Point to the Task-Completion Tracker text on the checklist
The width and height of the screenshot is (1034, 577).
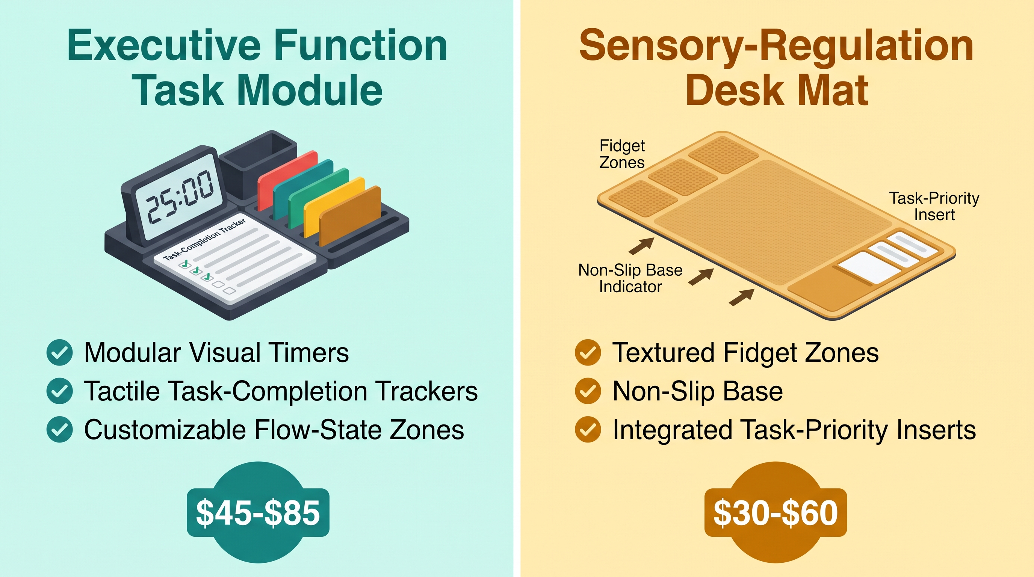[205, 240]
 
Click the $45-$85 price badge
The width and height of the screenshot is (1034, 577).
[258, 512]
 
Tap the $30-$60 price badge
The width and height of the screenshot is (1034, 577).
[775, 512]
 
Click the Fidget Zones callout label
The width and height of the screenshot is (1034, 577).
[622, 154]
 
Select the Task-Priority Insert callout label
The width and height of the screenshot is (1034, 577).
[934, 206]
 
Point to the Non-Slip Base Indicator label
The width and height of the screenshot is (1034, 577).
[630, 278]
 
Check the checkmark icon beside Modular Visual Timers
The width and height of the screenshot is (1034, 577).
[60, 353]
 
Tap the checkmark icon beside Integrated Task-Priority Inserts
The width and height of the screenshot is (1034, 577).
[588, 430]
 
